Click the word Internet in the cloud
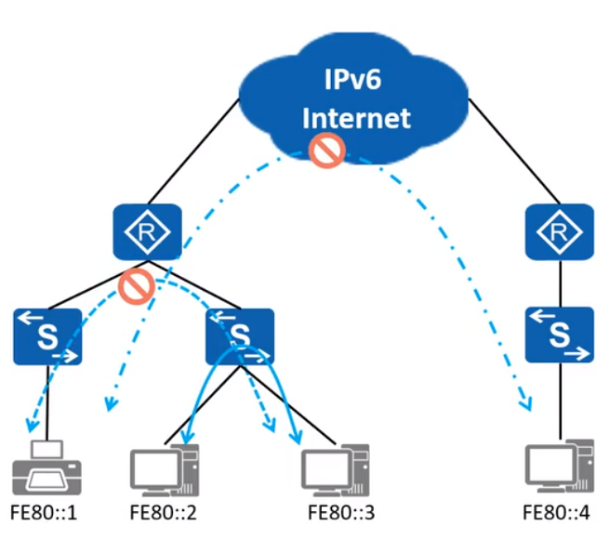[x=356, y=118]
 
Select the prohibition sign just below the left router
[x=136, y=286]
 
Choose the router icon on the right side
[x=559, y=233]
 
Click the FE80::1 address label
[x=42, y=514]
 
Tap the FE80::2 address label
[x=165, y=514]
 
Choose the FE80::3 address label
[x=340, y=514]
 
